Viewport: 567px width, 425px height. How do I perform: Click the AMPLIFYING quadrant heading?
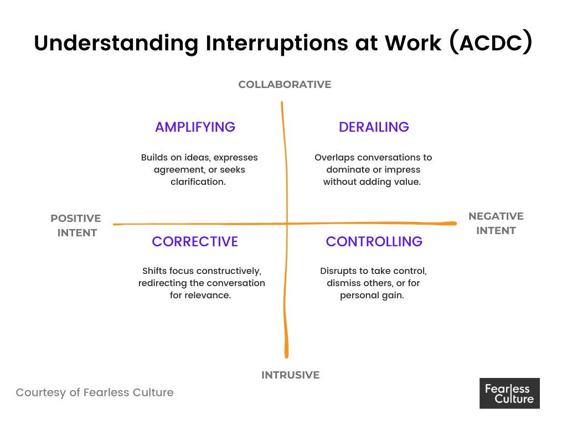click(x=195, y=127)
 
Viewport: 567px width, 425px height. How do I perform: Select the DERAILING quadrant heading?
click(x=374, y=127)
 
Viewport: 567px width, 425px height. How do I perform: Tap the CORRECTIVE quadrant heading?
click(x=195, y=242)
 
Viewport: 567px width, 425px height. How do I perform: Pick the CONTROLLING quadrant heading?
click(x=374, y=242)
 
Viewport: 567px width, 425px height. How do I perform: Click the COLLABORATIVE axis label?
click(x=285, y=85)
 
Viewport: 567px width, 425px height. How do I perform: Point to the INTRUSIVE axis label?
click(x=290, y=375)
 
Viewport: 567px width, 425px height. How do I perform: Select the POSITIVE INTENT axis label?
click(x=76, y=225)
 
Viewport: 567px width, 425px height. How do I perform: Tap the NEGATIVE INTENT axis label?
click(x=496, y=223)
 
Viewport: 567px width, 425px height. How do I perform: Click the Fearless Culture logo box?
click(x=509, y=393)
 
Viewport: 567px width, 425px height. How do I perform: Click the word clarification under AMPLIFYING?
click(x=198, y=182)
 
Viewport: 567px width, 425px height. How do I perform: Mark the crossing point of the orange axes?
click(x=286, y=223)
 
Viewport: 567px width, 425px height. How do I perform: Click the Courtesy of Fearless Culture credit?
click(x=95, y=392)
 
